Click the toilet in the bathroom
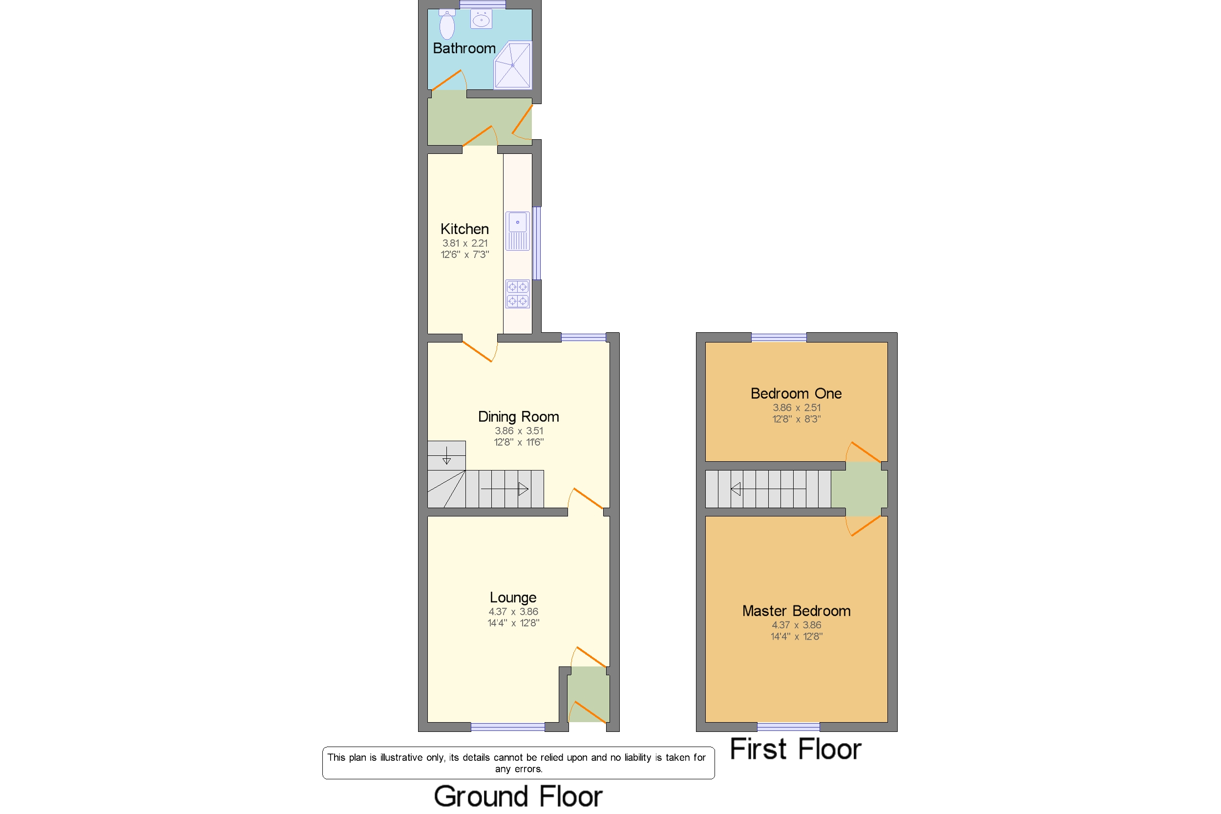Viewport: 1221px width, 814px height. click(x=447, y=24)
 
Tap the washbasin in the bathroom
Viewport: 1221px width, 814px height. click(x=481, y=19)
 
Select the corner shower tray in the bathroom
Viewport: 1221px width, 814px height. click(x=513, y=65)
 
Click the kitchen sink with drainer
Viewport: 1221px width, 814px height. click(x=517, y=231)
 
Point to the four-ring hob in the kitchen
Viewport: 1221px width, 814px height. click(x=517, y=294)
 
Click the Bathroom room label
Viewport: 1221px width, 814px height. click(x=464, y=48)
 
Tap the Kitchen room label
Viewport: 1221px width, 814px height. click(x=464, y=229)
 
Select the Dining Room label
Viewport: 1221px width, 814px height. click(x=518, y=416)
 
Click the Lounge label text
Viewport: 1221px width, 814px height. click(x=513, y=598)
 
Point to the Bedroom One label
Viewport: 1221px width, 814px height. click(x=796, y=393)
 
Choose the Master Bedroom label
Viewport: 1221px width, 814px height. click(x=797, y=611)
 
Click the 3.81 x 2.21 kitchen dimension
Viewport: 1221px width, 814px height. click(x=465, y=243)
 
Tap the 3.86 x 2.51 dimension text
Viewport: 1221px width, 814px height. click(x=797, y=407)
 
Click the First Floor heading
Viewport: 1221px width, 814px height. click(x=796, y=749)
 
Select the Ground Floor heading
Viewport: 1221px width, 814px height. click(x=518, y=796)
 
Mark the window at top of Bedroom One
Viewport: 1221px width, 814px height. click(x=779, y=338)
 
